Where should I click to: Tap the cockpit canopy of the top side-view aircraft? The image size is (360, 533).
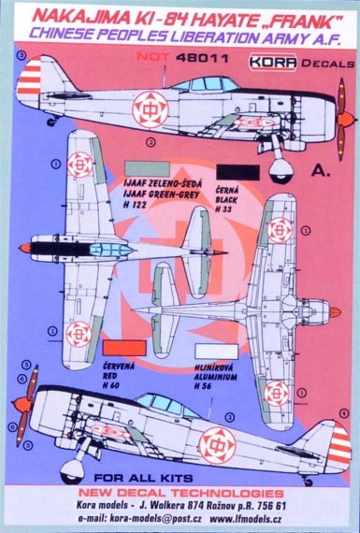pyautogui.click(x=217, y=86)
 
